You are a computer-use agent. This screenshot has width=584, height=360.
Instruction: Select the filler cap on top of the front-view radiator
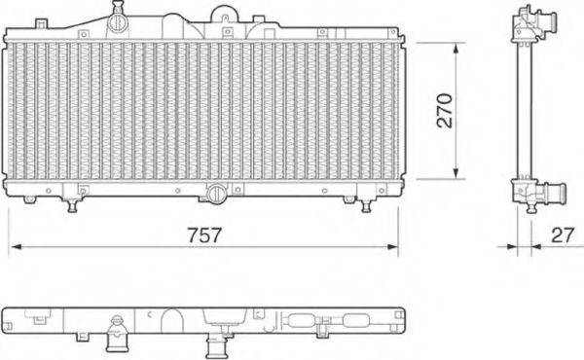tap(118, 19)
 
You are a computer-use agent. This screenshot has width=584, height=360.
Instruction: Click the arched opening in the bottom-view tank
tap(171, 317)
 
